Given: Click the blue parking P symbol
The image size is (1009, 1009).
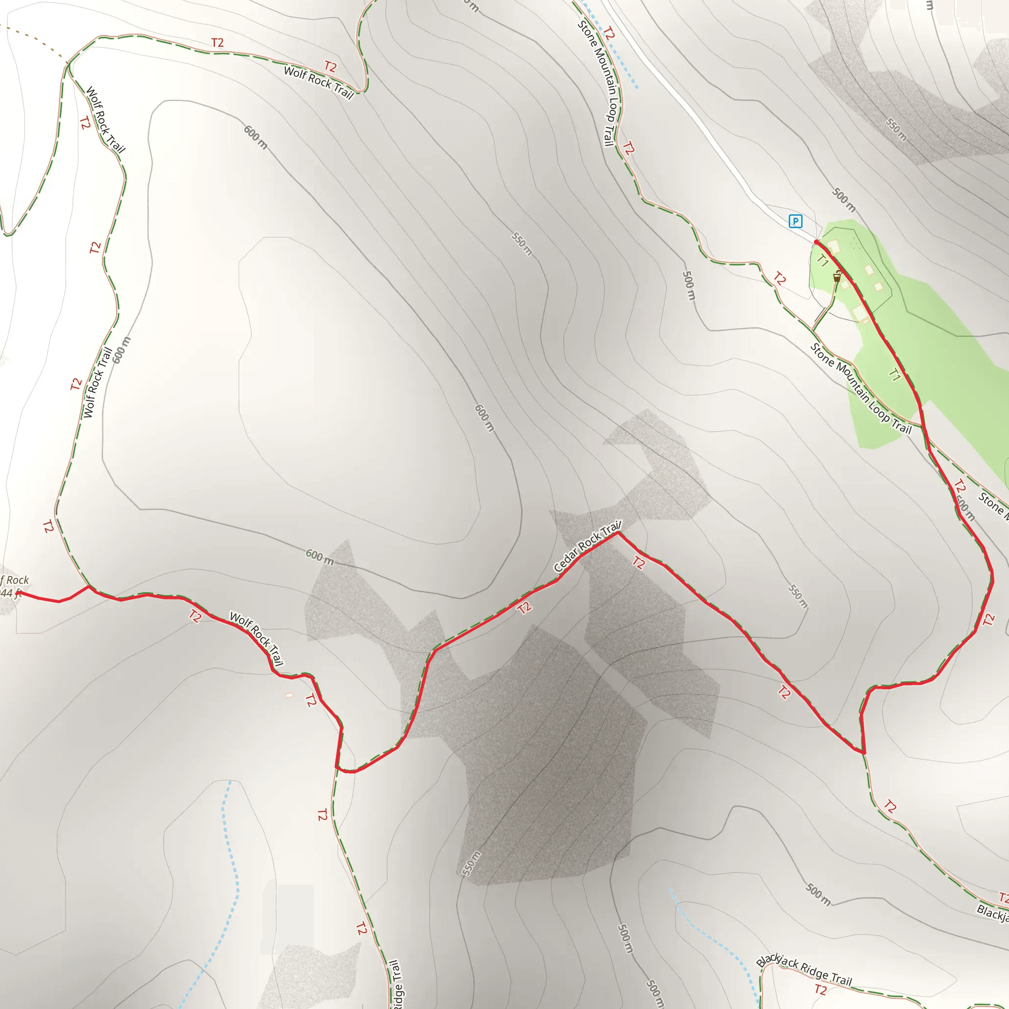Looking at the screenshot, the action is (x=795, y=221).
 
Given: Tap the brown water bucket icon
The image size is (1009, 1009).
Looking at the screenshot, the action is (x=837, y=277).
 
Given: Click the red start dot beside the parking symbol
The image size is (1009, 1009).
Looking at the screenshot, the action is (x=816, y=242).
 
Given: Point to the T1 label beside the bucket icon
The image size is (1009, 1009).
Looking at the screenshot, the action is (x=823, y=260).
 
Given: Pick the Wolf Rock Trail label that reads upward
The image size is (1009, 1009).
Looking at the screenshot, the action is (x=98, y=382).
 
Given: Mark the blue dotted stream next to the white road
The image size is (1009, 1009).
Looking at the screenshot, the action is (x=611, y=47).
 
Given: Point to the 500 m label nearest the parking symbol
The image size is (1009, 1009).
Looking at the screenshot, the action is (x=844, y=200).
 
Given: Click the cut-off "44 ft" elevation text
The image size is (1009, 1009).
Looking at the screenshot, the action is (x=10, y=593).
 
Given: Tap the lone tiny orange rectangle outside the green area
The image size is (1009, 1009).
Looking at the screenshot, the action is (x=289, y=695).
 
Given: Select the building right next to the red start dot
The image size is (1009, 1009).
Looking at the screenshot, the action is (x=833, y=245).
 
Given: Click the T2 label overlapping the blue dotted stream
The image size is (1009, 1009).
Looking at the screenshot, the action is (x=608, y=34).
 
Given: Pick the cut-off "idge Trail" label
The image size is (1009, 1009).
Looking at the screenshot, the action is (x=397, y=984).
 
